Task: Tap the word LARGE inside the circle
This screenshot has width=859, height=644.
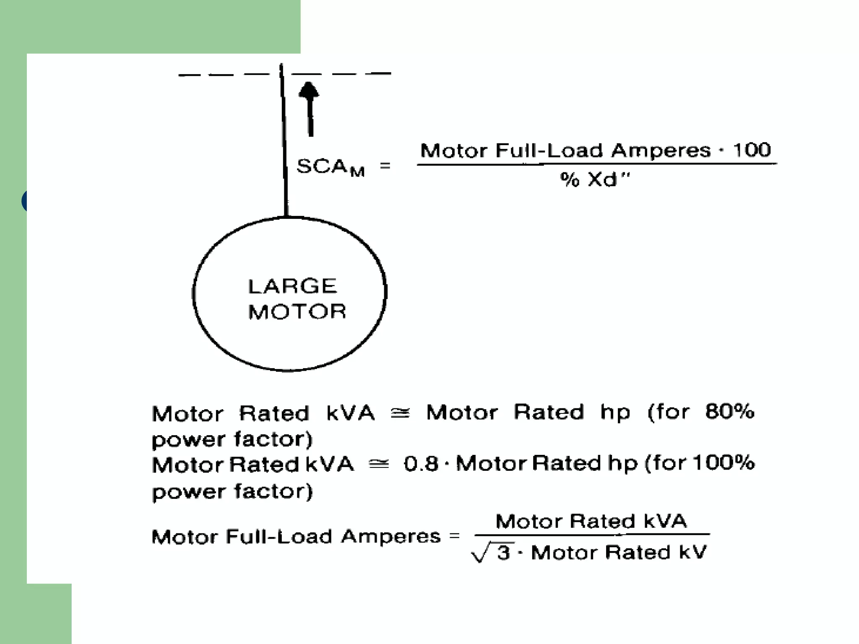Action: (292, 286)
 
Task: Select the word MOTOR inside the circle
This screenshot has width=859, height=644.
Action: (297, 312)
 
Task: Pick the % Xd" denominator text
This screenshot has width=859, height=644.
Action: (595, 179)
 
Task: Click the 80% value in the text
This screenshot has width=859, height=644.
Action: (729, 412)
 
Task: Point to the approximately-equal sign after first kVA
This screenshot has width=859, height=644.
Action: (400, 413)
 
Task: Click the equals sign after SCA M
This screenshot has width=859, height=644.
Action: (385, 166)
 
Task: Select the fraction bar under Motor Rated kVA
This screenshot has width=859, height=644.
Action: (591, 535)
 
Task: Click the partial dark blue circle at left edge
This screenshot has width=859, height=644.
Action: (24, 200)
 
